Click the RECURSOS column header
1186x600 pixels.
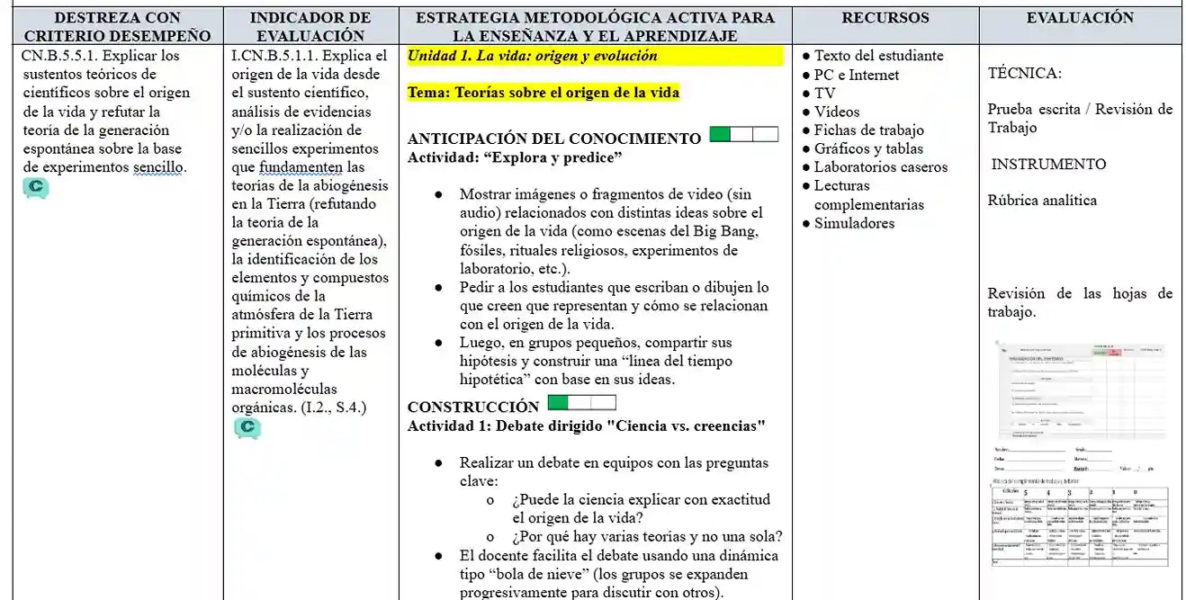885,18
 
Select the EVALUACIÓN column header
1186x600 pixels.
1080,18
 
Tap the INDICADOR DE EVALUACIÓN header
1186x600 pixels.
310,27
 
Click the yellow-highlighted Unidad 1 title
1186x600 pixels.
533,56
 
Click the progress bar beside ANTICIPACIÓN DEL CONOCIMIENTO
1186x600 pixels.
743,135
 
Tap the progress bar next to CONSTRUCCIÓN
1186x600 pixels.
582,403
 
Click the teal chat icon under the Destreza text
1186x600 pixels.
36,188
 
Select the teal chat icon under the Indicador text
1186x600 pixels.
247,428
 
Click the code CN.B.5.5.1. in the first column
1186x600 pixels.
59,56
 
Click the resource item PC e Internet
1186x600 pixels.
856,75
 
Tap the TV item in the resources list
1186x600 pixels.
824,94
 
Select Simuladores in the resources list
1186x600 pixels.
854,223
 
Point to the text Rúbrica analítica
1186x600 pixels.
1042,201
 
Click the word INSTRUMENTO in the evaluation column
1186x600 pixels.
1048,164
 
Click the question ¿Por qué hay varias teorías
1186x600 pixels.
646,537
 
